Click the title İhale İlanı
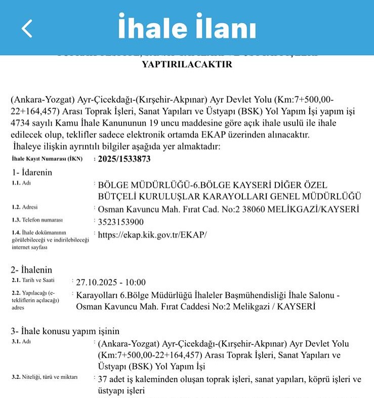[x=187, y=27]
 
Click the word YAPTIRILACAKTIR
[x=187, y=64]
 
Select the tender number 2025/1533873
[x=124, y=159]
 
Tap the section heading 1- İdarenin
[x=32, y=172]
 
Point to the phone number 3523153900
[x=120, y=221]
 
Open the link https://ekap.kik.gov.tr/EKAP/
[x=152, y=234]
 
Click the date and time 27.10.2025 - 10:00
[x=111, y=282]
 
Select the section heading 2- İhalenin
[x=32, y=270]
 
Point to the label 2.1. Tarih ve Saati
[x=33, y=280]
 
